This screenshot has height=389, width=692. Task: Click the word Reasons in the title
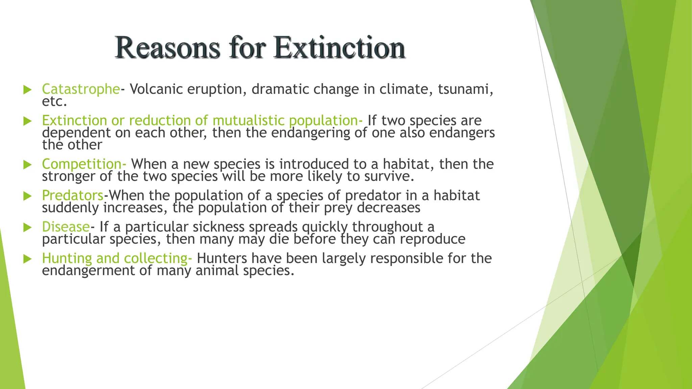coord(167,48)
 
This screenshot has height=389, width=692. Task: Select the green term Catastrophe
coord(81,89)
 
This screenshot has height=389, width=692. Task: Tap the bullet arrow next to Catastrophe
coord(27,90)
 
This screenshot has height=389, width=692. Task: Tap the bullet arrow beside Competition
coord(27,165)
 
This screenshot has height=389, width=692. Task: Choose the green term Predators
coord(73,196)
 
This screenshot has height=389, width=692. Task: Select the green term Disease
coord(66,227)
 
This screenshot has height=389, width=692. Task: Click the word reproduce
coord(432,239)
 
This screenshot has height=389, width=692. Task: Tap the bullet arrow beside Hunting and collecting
coord(27,259)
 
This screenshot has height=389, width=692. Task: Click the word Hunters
coord(222,258)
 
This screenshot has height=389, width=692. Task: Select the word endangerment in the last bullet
coord(88,270)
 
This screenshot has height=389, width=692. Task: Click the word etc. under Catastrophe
coord(54,102)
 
